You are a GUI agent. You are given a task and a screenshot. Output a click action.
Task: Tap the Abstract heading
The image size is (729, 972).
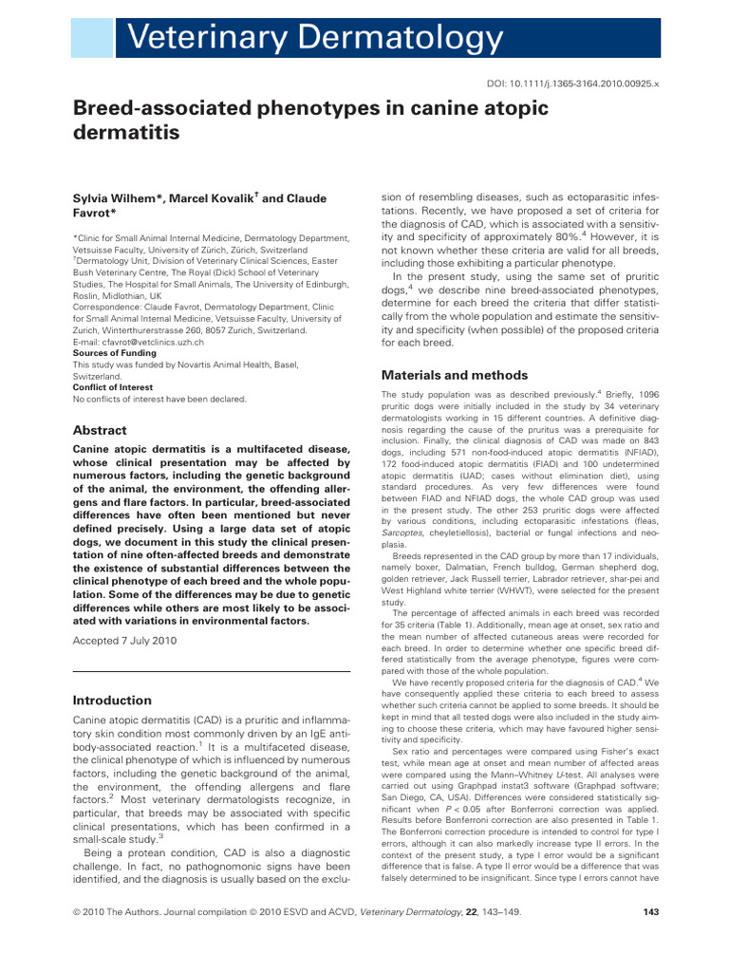(100, 430)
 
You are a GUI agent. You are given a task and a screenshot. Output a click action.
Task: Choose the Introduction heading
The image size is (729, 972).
(112, 700)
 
